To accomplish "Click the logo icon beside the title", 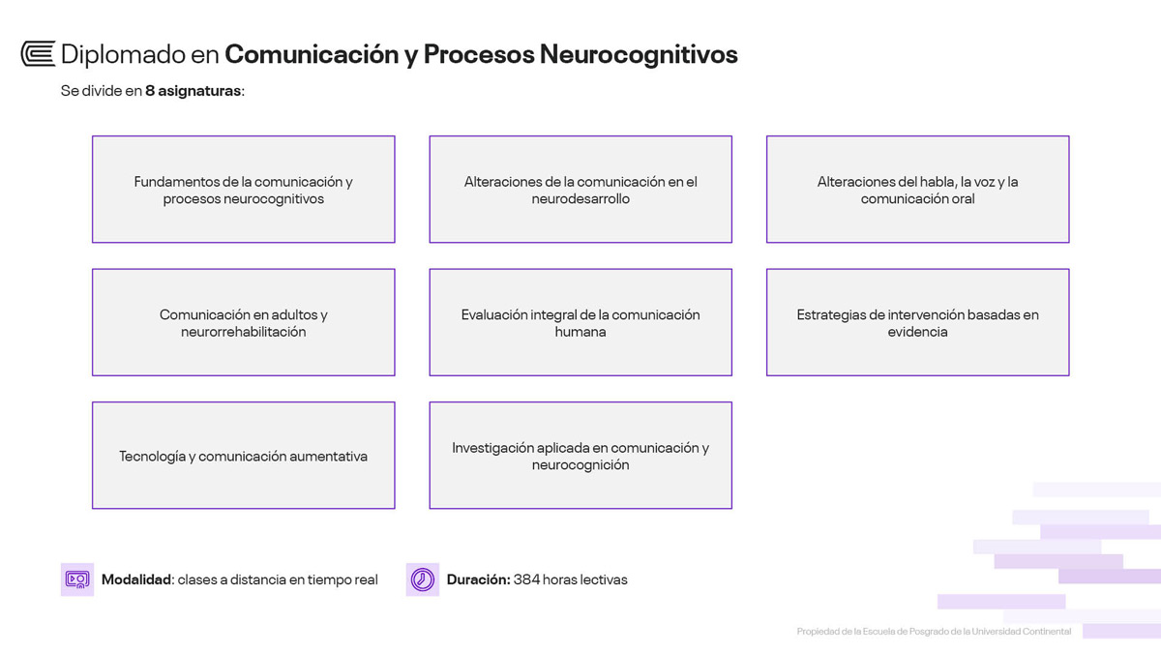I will pyautogui.click(x=38, y=54).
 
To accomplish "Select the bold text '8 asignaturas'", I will pyautogui.click(x=193, y=92).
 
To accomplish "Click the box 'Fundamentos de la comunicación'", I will pyautogui.click(x=243, y=190).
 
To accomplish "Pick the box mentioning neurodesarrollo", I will pyautogui.click(x=580, y=190).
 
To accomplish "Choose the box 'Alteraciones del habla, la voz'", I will pyautogui.click(x=917, y=190).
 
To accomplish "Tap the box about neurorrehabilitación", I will pyautogui.click(x=243, y=322).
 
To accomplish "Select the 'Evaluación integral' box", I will pyautogui.click(x=580, y=322).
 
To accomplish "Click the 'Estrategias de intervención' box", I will pyautogui.click(x=917, y=322).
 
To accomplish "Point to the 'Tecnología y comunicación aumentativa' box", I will pyautogui.click(x=243, y=456).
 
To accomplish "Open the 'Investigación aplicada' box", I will pyautogui.click(x=580, y=456).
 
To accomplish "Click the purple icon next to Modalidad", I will pyautogui.click(x=76, y=579).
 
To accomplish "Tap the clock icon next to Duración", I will pyautogui.click(x=422, y=579).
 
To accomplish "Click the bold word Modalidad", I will pyautogui.click(x=136, y=579).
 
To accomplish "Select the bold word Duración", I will pyautogui.click(x=478, y=579).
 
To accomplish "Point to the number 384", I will pyautogui.click(x=526, y=579).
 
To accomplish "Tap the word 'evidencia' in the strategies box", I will pyautogui.click(x=917, y=332).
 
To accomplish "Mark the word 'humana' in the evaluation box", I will pyautogui.click(x=580, y=332).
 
